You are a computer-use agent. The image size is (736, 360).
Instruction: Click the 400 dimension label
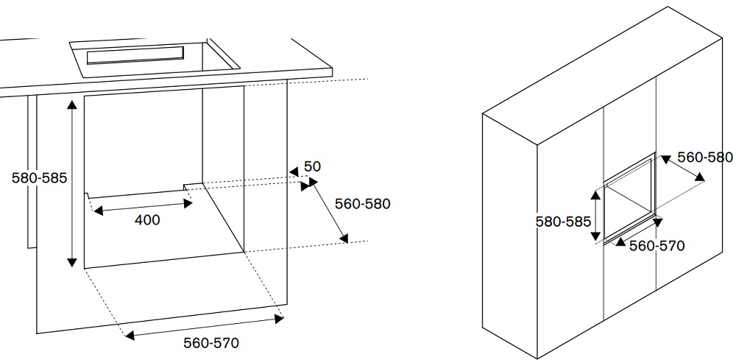[147, 219]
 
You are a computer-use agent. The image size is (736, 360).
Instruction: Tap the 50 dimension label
[313, 166]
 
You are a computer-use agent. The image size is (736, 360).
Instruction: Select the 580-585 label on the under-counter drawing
[40, 178]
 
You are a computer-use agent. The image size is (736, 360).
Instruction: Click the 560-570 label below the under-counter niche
[211, 343]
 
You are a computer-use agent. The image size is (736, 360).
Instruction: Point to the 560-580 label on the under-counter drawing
[362, 204]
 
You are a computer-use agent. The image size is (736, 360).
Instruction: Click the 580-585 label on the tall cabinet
[563, 222]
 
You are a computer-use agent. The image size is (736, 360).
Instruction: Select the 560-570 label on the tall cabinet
[657, 245]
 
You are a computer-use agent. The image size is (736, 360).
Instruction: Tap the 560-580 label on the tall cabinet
[705, 158]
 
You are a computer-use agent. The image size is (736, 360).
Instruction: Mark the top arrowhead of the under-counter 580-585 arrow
[72, 105]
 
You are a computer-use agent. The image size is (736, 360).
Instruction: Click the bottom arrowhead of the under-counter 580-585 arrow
[72, 262]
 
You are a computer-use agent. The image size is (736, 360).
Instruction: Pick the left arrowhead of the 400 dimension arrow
[98, 211]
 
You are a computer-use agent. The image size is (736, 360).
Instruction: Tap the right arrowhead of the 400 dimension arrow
[188, 203]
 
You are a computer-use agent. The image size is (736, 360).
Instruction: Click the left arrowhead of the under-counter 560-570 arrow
[130, 335]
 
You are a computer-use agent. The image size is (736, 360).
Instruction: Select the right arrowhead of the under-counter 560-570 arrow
[279, 320]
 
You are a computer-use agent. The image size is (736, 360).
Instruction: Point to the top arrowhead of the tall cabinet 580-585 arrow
[595, 195]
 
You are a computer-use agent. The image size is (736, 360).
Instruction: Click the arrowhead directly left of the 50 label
[294, 172]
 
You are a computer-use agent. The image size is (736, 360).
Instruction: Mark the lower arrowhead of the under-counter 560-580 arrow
[344, 239]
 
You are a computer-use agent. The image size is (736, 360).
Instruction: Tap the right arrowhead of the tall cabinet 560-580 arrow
[700, 177]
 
